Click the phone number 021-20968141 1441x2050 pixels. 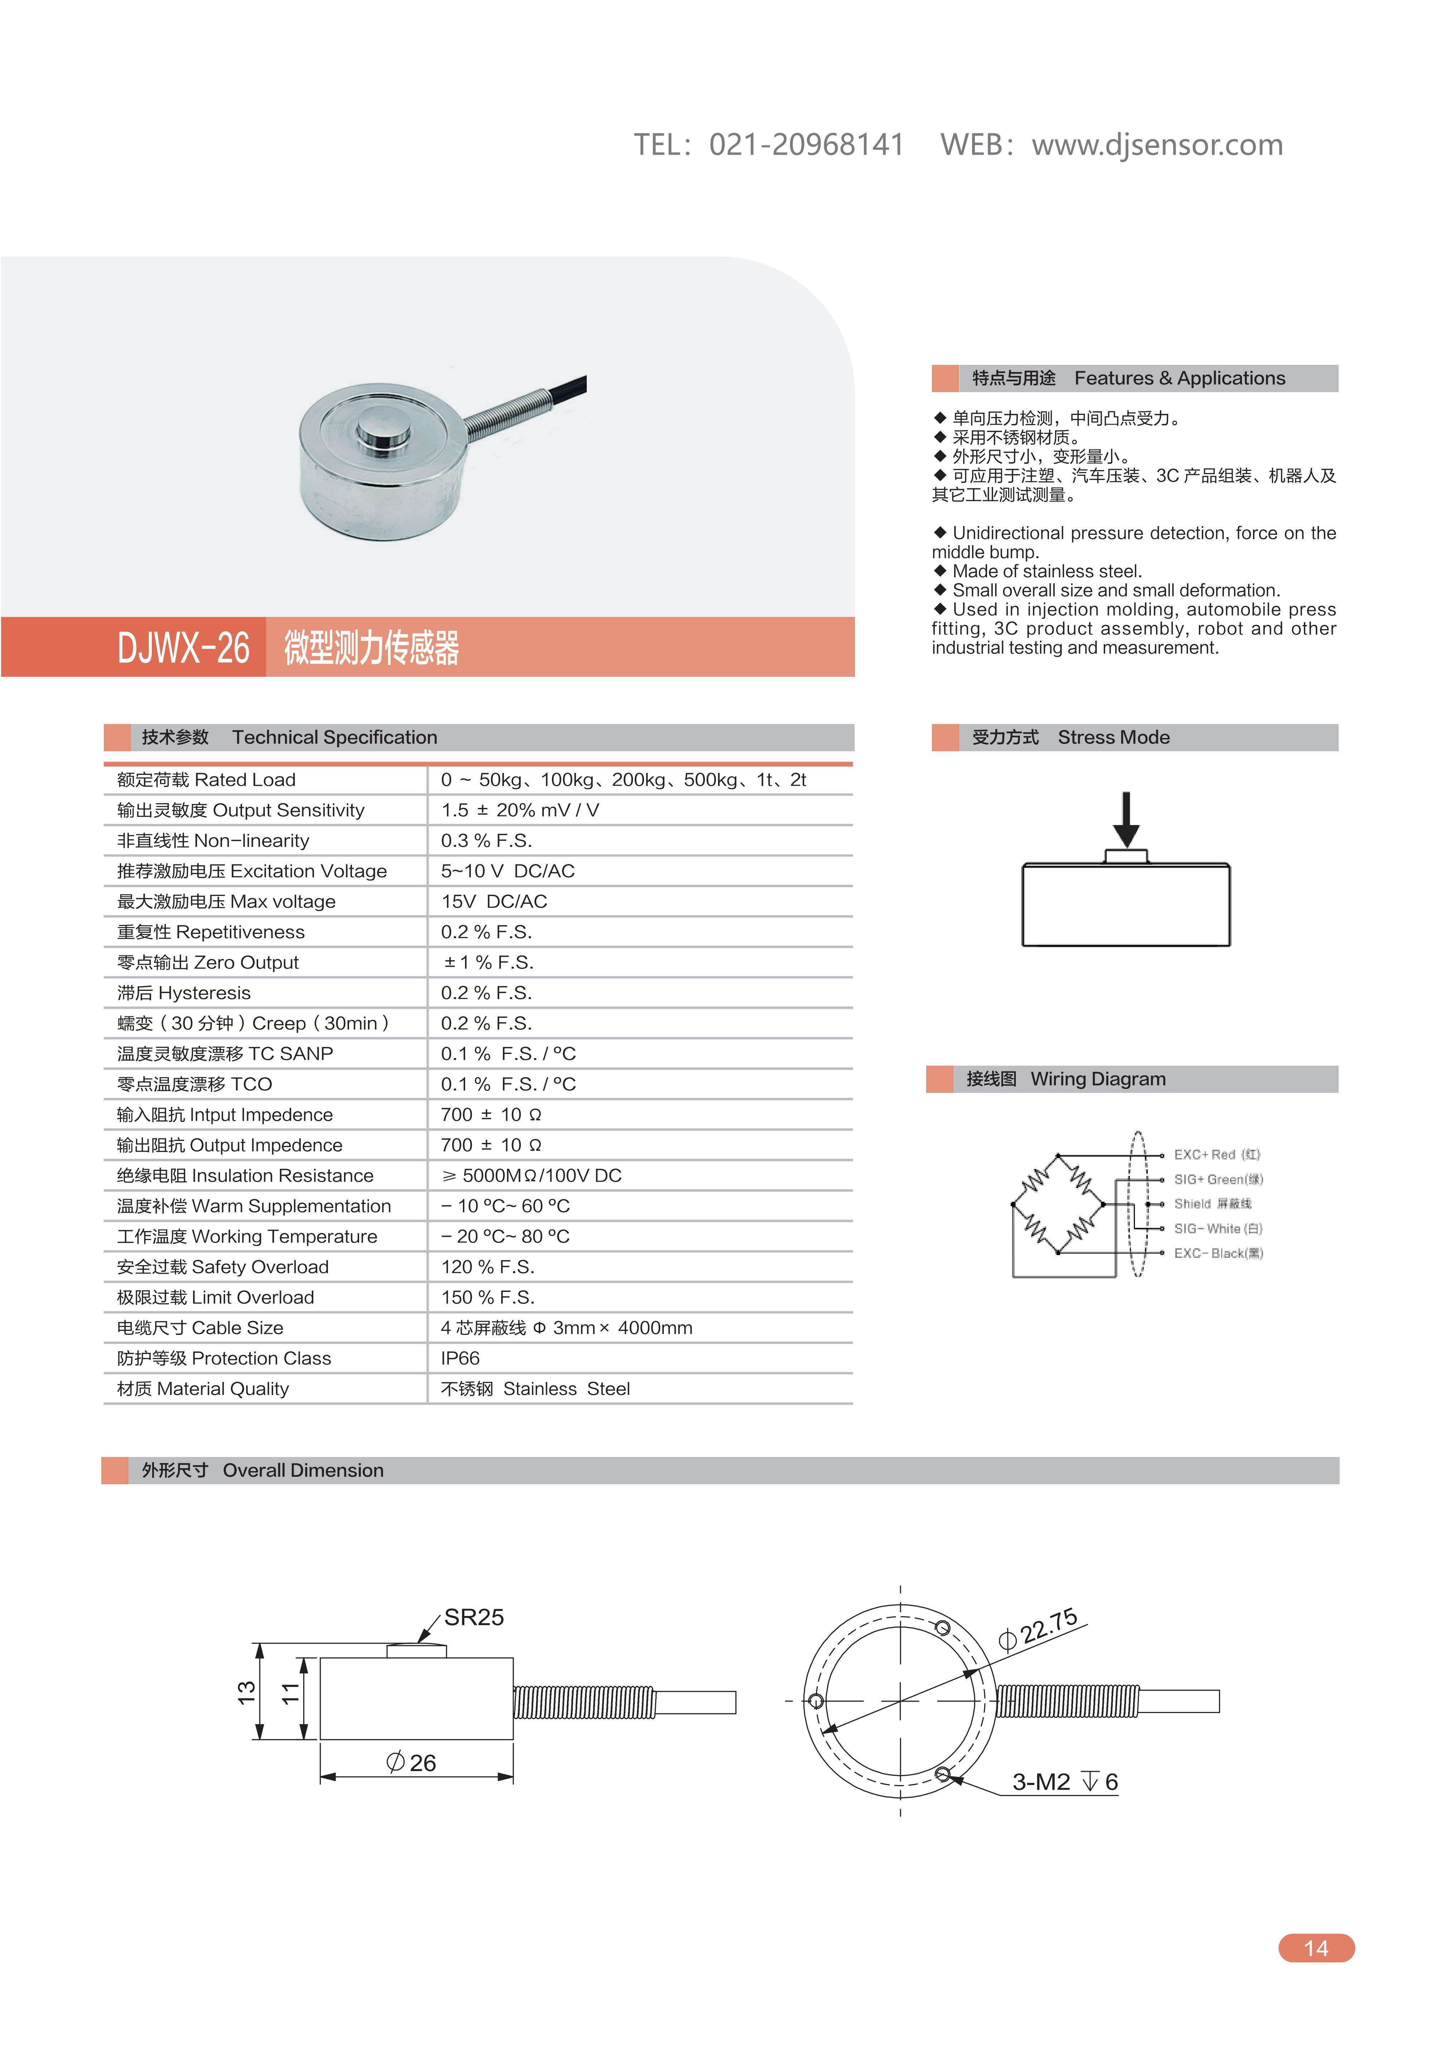[x=806, y=145]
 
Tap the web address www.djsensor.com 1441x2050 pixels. [x=1157, y=145]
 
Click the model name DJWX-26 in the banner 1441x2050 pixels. [x=183, y=648]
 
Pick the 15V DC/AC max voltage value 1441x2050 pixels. [x=494, y=902]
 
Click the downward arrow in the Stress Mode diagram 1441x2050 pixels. [x=1126, y=819]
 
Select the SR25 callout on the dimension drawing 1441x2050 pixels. [x=473, y=1618]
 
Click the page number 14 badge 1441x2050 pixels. [x=1316, y=1948]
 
